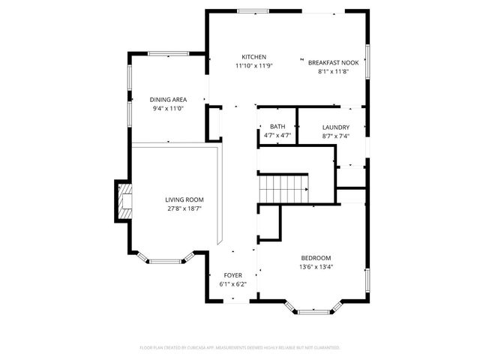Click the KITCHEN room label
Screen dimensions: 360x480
click(253, 57)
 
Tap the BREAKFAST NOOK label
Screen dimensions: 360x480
click(333, 63)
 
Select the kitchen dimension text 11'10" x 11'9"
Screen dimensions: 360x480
click(253, 66)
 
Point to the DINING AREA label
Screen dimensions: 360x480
click(168, 100)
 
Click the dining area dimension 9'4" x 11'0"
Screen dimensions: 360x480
click(168, 109)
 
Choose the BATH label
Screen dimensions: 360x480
click(277, 127)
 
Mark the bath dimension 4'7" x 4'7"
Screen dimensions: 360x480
click(277, 136)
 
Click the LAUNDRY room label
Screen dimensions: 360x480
click(336, 127)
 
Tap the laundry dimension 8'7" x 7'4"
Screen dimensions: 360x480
click(336, 136)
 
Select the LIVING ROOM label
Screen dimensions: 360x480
click(184, 199)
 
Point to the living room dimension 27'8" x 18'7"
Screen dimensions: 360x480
click(184, 208)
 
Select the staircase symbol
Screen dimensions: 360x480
click(283, 188)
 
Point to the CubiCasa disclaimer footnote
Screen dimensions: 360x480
click(240, 348)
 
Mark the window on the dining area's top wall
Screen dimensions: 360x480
click(169, 53)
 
